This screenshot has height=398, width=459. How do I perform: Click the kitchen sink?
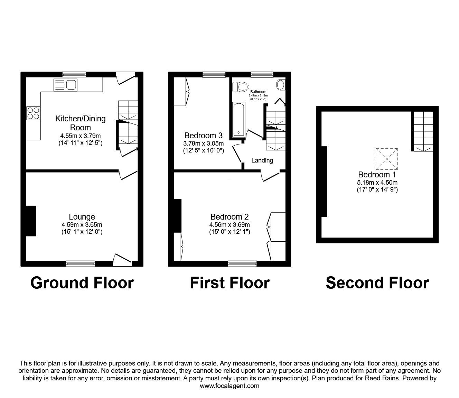(65, 85)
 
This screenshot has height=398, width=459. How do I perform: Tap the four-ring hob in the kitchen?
(33, 113)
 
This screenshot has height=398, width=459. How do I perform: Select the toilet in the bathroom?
(240, 87)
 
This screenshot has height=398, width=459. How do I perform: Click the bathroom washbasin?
(281, 85)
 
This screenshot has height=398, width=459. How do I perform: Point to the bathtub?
(239, 120)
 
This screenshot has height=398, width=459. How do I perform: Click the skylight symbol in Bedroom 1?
(386, 159)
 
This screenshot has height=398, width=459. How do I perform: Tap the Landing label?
(262, 160)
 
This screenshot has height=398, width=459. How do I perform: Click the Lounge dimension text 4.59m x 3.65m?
(82, 225)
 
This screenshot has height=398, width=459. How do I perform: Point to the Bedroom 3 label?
(204, 135)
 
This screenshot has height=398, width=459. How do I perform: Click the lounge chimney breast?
(31, 221)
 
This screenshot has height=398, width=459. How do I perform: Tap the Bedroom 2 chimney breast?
(177, 216)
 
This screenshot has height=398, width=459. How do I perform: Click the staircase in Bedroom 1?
(423, 131)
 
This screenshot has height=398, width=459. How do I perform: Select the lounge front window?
(81, 263)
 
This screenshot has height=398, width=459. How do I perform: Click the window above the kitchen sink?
(74, 74)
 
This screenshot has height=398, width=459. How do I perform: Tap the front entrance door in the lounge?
(122, 260)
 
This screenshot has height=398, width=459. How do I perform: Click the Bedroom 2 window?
(242, 263)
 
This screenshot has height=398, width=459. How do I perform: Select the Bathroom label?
(258, 92)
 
